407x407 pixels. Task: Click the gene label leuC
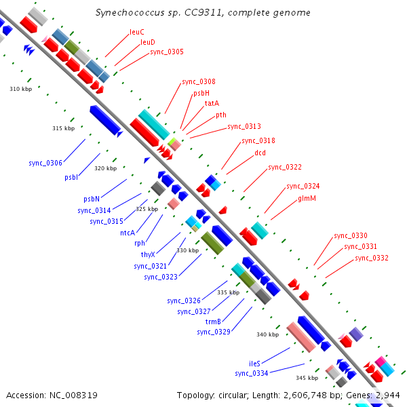pyautogui.click(x=137, y=32)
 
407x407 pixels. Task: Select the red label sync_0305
pyautogui.click(x=167, y=52)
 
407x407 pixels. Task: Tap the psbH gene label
pyautogui.click(x=201, y=93)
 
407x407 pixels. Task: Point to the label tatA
pyautogui.click(x=212, y=103)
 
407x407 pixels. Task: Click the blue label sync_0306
pyautogui.click(x=45, y=163)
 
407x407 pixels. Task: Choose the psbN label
pyautogui.click(x=92, y=199)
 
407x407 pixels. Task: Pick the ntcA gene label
pyautogui.click(x=128, y=233)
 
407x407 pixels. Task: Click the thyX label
pyautogui.click(x=148, y=254)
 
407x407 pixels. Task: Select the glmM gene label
pyautogui.click(x=307, y=198)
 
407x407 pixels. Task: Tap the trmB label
pyautogui.click(x=213, y=322)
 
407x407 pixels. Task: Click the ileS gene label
pyautogui.click(x=254, y=364)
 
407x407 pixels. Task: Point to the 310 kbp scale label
pyautogui.click(x=21, y=89)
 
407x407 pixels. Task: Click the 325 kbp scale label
pyautogui.click(x=147, y=209)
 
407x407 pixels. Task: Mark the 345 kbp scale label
pyautogui.click(x=307, y=378)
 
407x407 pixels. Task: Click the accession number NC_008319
pyautogui.click(x=73, y=395)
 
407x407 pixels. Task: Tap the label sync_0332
pyautogui.click(x=372, y=258)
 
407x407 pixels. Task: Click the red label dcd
pyautogui.click(x=260, y=153)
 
